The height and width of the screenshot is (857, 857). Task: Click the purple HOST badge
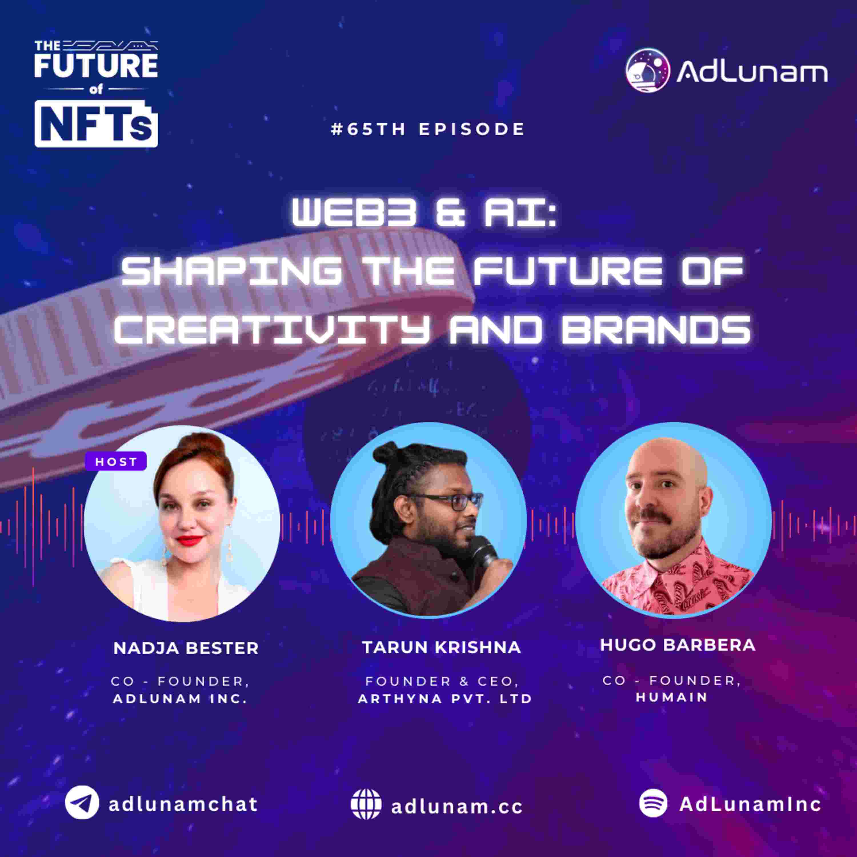[116, 461]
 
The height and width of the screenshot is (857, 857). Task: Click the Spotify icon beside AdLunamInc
[653, 803]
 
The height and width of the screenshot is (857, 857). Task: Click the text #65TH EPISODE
[428, 129]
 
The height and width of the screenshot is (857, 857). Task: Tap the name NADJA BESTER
[186, 648]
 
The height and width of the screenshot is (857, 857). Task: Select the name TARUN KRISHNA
[441, 647]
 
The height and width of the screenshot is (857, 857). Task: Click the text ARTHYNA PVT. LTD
[445, 699]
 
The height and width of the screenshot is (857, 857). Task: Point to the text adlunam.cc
[456, 806]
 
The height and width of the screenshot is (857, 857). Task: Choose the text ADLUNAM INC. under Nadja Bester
[180, 699]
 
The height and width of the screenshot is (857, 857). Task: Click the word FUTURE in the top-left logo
[96, 66]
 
